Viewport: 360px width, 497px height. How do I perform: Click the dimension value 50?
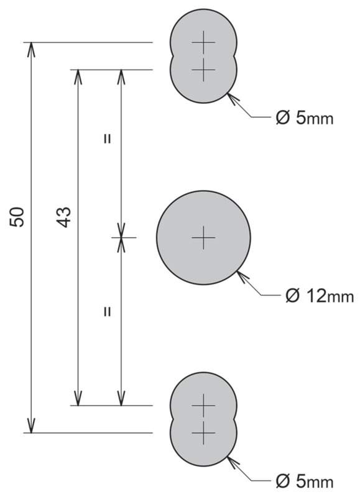[x=17, y=217]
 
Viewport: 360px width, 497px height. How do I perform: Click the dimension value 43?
[x=64, y=217]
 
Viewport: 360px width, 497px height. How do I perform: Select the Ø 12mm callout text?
[x=320, y=296]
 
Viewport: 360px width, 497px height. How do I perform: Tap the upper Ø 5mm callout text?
[x=305, y=119]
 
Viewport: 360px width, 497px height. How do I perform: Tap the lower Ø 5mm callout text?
[x=305, y=482]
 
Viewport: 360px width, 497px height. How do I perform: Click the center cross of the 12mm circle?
[x=204, y=237]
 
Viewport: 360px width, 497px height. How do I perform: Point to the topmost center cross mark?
[x=204, y=42]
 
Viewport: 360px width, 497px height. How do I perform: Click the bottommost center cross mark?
[x=204, y=432]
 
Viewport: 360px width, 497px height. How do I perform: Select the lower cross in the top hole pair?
[x=204, y=70]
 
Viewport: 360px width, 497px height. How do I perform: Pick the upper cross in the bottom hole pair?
[x=204, y=406]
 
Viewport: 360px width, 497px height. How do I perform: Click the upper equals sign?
[x=107, y=139]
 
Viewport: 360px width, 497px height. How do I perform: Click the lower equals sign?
[x=107, y=312]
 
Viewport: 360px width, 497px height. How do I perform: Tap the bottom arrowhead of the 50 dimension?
[x=30, y=426]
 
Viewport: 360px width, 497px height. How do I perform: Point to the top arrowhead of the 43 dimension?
[x=78, y=76]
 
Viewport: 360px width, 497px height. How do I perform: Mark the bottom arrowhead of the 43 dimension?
[x=78, y=398]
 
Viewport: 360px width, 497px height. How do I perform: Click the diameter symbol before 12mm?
[x=292, y=296]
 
